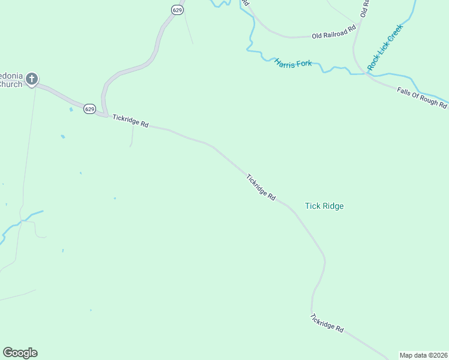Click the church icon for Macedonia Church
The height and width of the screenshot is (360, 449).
tap(31, 78)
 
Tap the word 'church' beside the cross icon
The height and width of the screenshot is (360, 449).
tap(11, 85)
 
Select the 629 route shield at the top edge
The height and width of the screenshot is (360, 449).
tap(176, 10)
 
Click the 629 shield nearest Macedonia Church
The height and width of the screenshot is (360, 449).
tap(89, 109)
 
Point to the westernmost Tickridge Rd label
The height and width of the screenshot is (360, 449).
tap(130, 121)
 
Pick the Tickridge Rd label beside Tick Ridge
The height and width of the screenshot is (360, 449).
tap(261, 187)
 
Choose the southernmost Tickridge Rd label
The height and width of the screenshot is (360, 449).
tap(327, 323)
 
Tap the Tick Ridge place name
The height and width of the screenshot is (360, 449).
tap(324, 206)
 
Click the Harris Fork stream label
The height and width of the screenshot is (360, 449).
tap(293, 62)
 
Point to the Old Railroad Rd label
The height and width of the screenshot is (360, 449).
tap(334, 32)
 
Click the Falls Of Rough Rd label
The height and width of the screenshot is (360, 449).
tap(422, 97)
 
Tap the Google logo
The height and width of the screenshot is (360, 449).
tap(20, 353)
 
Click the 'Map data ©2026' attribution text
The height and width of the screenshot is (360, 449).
tap(423, 355)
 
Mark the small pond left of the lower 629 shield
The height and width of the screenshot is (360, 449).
tap(71, 109)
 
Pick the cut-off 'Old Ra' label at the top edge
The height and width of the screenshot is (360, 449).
tap(364, 7)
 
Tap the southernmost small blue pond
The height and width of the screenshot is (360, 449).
tap(91, 310)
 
